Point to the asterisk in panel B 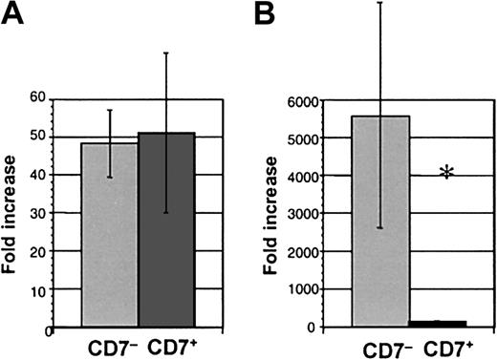point(446,173)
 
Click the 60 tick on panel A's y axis point(38,97)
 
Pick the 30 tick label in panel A point(38,213)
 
